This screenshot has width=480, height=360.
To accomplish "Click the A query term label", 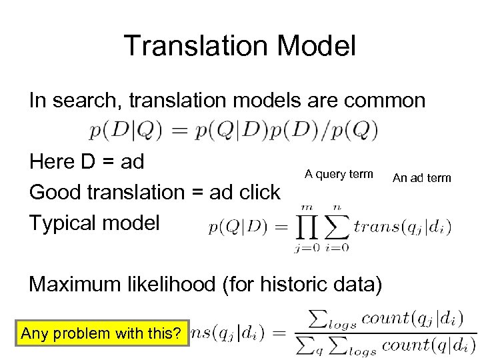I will click(339, 174).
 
